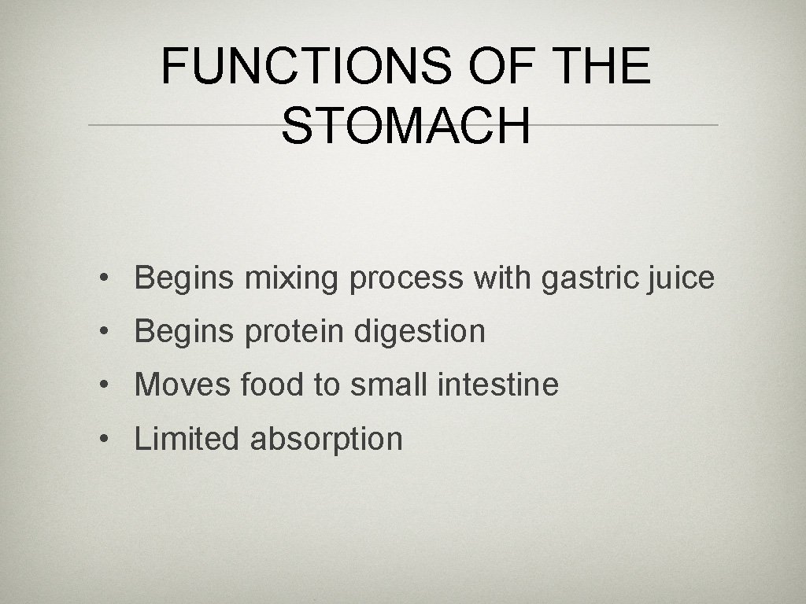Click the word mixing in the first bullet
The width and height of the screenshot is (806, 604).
pyautogui.click(x=292, y=278)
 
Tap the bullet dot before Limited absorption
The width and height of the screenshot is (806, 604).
pyautogui.click(x=104, y=440)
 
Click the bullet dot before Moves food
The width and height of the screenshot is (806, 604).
pyautogui.click(x=104, y=386)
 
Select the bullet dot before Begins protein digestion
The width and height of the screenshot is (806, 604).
pyautogui.click(x=104, y=333)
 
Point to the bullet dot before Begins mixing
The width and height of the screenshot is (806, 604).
pyautogui.click(x=104, y=279)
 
